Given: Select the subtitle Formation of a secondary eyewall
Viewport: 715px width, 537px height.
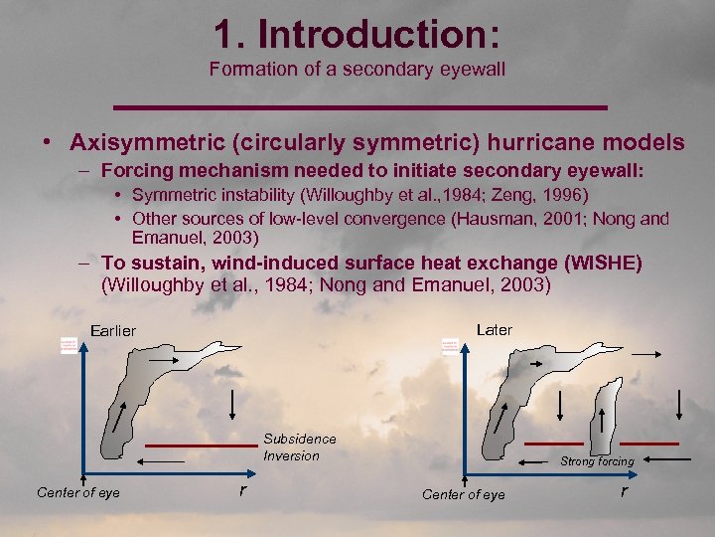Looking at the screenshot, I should coord(357,69).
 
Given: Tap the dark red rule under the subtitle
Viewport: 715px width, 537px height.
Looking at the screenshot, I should coord(357,105).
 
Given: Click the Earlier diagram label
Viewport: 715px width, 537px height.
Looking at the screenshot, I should coord(112,330).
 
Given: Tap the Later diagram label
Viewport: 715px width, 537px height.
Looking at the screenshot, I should coord(495,329).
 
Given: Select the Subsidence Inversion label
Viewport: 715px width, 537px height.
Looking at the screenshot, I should coord(299,447).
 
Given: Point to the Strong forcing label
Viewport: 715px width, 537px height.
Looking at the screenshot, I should coord(597,461).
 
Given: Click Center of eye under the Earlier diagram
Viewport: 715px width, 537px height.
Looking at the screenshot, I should coord(78,492).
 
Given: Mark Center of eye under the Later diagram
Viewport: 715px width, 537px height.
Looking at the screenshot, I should coord(463,494).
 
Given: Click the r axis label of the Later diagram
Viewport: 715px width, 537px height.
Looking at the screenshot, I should coord(624,490).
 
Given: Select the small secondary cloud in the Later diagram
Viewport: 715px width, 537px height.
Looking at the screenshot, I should coord(607,418).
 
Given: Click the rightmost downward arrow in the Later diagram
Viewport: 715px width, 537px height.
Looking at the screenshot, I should coord(680,406).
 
